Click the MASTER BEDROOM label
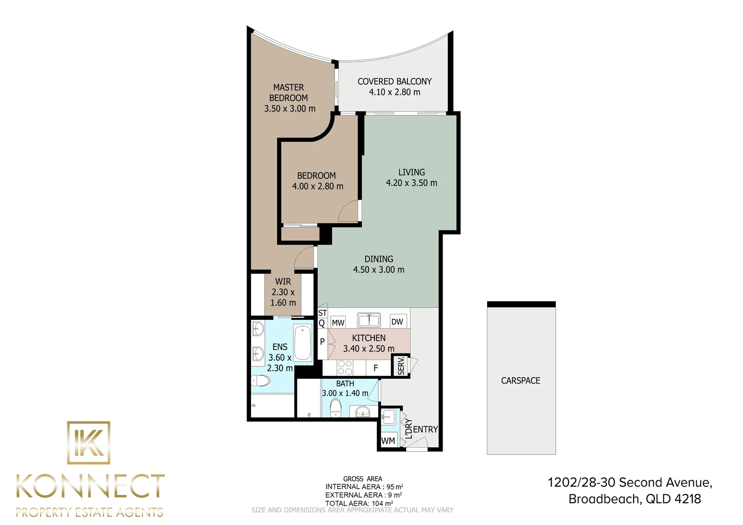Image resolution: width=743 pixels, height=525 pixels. [289, 92]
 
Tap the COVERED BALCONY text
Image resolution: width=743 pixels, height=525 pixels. [394, 81]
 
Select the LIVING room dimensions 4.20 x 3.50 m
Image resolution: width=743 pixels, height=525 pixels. [411, 183]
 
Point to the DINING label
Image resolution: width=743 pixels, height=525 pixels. [379, 259]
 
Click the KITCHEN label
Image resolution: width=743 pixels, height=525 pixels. [369, 338]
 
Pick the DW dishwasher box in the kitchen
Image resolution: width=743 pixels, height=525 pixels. [397, 321]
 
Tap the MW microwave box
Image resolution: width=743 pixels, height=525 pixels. [338, 322]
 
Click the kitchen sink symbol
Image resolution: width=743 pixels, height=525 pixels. [369, 320]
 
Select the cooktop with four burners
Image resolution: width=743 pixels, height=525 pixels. [345, 368]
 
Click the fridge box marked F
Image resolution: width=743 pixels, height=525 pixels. [376, 368]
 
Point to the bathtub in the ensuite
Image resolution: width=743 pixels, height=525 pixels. [303, 343]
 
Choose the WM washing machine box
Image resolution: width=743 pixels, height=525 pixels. [388, 441]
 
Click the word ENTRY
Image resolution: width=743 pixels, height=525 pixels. [425, 430]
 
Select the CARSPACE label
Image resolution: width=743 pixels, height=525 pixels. [521, 381]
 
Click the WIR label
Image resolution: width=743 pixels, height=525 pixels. [283, 281]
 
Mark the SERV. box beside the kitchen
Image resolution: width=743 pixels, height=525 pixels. [401, 366]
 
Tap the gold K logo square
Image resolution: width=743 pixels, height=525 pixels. [88, 443]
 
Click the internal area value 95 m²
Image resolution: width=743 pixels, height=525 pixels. [395, 487]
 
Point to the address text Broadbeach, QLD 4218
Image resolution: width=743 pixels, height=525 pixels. [635, 499]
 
